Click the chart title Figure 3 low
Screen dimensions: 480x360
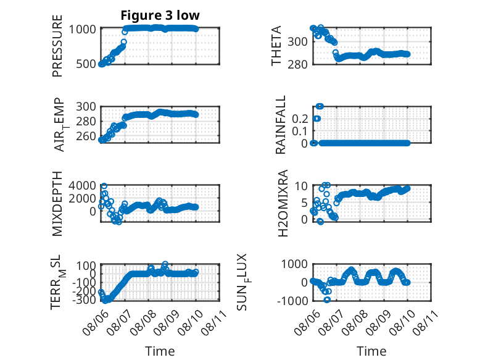coord(160,15)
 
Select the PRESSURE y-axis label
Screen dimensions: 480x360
coord(57,46)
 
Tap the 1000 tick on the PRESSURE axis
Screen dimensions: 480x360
coord(82,30)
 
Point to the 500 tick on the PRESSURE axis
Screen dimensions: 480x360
coord(86,64)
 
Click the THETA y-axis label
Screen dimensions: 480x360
coord(276,46)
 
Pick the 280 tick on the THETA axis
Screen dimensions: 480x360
coord(297,64)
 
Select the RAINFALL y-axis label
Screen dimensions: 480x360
coord(280,125)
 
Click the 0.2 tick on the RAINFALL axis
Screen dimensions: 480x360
coord(300,119)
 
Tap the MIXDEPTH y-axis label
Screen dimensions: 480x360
coord(57,204)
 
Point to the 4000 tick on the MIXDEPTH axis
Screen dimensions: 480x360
coord(82,185)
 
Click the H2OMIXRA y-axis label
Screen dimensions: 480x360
coord(283,203)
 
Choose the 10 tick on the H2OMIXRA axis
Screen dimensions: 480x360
coord(301,186)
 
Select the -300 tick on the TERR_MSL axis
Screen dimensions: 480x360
coord(84,299)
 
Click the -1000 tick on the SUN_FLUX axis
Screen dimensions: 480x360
coord(292,301)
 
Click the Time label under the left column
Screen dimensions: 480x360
coord(160,351)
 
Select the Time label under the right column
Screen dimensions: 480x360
coord(371,351)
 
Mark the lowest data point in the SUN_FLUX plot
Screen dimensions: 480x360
coord(327,299)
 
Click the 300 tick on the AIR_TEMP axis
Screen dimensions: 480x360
coord(86,107)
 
